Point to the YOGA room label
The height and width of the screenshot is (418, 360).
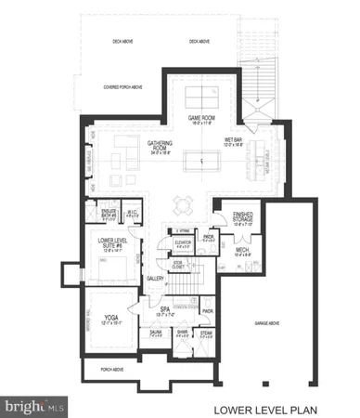pos(111,319)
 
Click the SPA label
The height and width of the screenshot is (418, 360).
pos(164,308)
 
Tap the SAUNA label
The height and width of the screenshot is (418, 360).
pos(156,331)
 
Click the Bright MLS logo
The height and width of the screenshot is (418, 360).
pos(35,405)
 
